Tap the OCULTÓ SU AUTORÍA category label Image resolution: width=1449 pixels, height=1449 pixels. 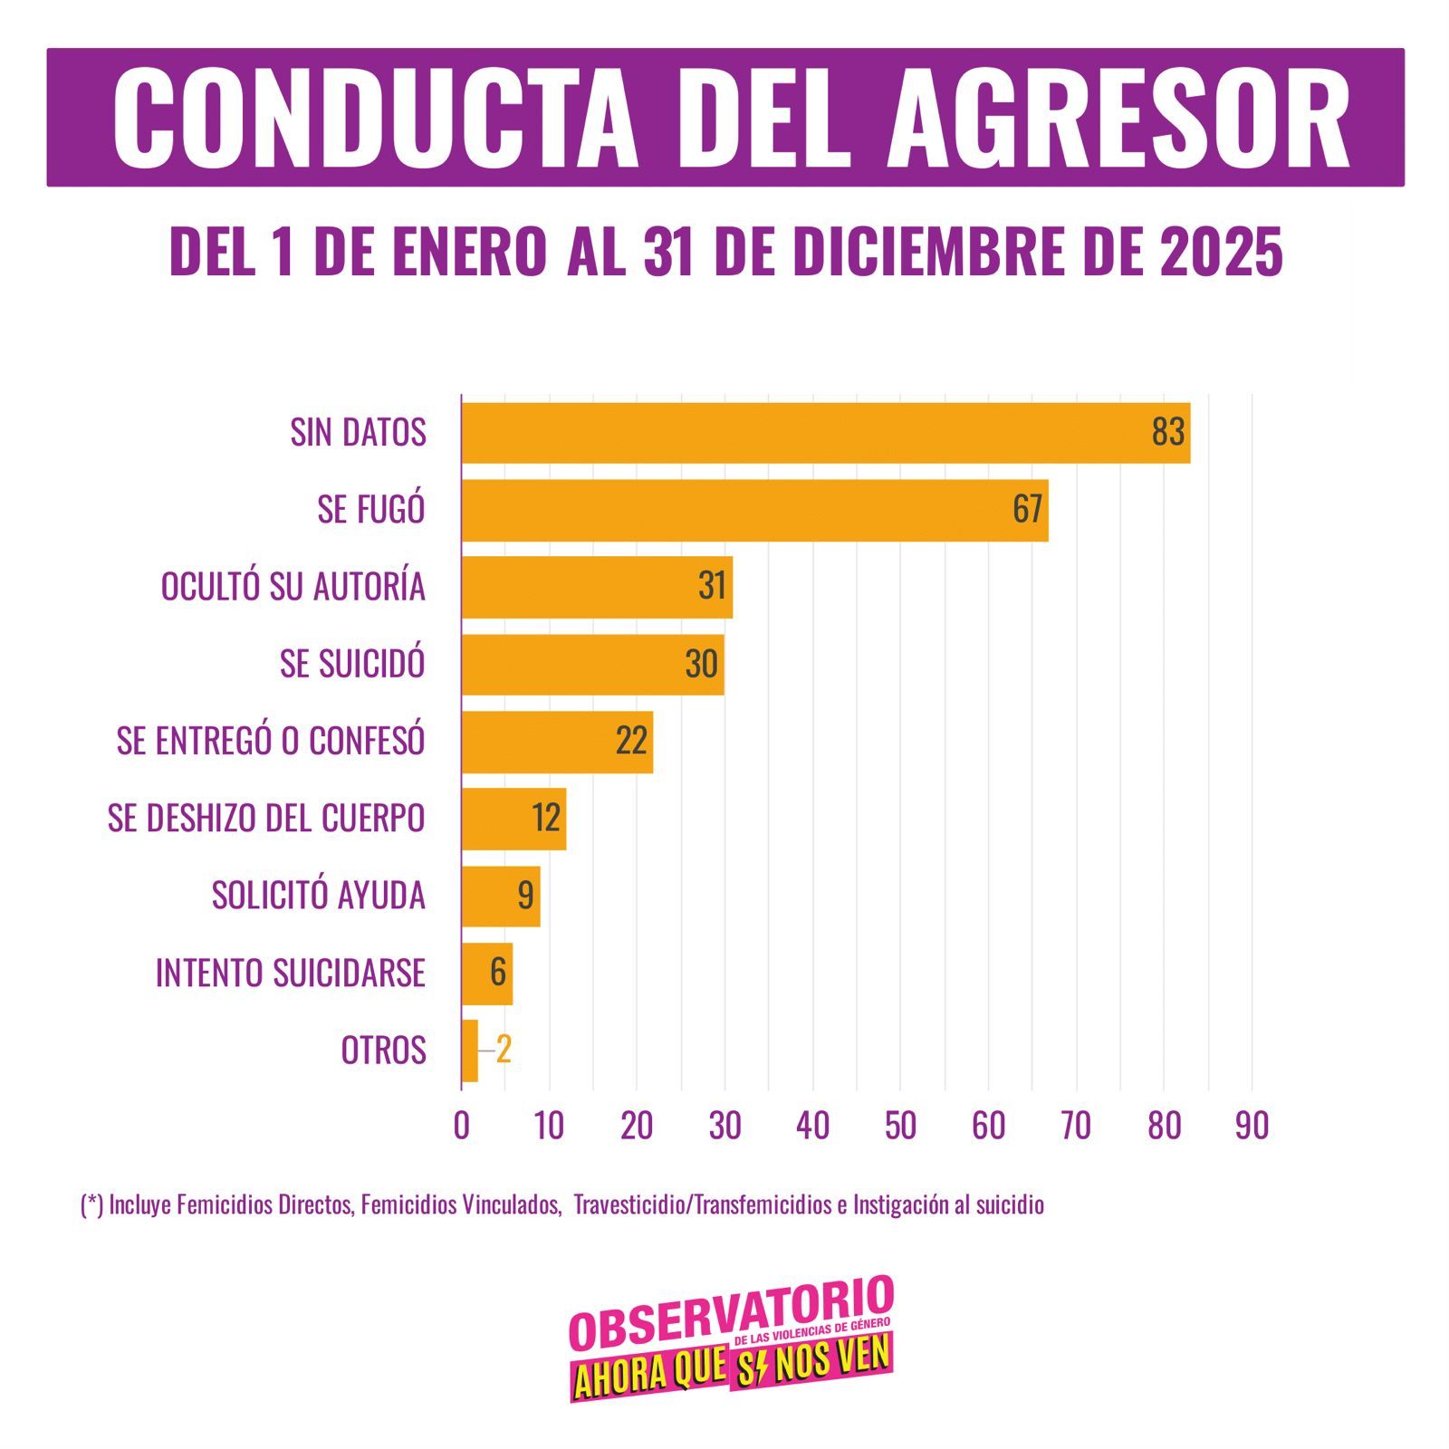point(293,586)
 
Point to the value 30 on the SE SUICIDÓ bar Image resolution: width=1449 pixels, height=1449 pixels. point(702,664)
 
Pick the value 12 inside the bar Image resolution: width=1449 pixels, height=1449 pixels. point(547,819)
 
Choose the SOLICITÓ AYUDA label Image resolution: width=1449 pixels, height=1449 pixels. point(318,896)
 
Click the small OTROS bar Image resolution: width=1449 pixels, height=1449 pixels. point(469,1051)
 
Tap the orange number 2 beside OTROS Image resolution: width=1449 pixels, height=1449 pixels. point(504,1051)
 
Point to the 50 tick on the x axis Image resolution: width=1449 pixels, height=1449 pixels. point(900,1126)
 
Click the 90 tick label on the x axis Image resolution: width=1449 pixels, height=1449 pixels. point(1252,1126)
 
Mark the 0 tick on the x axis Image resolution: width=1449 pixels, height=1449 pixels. point(461,1126)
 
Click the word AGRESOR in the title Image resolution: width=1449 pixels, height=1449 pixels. point(1118,118)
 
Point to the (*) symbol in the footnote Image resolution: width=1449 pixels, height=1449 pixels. point(91,1205)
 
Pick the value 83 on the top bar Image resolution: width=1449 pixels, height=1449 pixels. point(1167,433)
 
